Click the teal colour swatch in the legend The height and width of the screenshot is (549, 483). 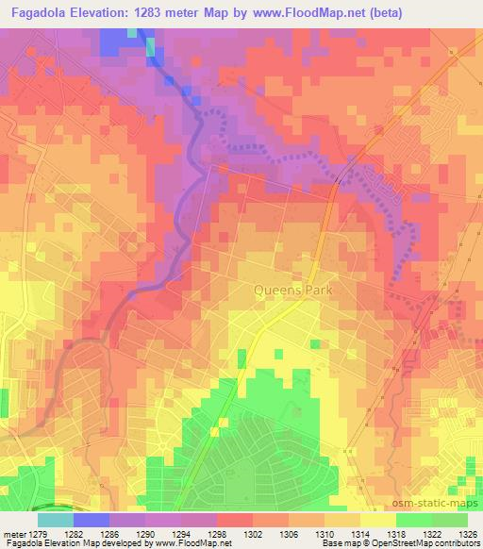pyautogui.click(x=55, y=520)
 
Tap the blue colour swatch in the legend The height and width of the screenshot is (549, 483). pyautogui.click(x=92, y=520)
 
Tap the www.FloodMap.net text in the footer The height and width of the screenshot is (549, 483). pyautogui.click(x=199, y=544)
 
